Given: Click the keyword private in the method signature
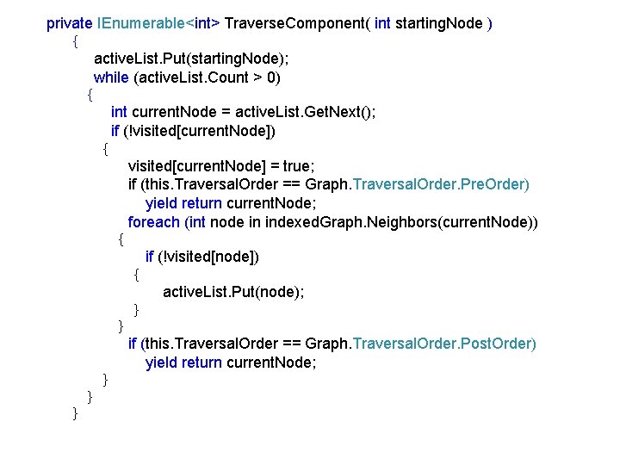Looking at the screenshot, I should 70,23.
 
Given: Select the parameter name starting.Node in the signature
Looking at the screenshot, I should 439,23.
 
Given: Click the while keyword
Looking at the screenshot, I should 111,77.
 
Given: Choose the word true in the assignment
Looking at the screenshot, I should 298,166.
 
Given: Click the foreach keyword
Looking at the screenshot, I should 154,222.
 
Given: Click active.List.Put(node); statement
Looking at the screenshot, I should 233,292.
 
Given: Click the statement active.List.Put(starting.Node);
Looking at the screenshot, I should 191,59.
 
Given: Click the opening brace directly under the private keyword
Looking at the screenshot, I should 76,40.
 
